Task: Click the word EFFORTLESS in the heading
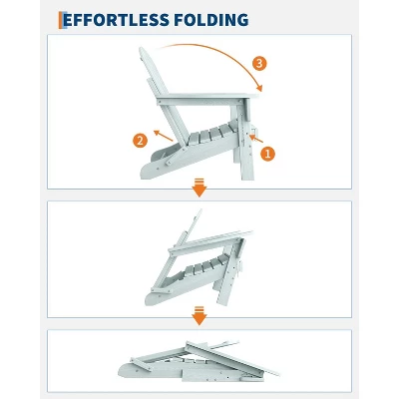[x=116, y=20]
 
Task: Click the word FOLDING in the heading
[x=211, y=20]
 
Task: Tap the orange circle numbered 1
[x=267, y=154]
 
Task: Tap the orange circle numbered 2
[x=140, y=141]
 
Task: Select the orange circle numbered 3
[x=259, y=63]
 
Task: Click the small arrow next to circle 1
[x=256, y=139]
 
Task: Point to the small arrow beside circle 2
[x=163, y=136]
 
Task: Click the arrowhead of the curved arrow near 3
[x=258, y=88]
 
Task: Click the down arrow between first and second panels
[x=199, y=188]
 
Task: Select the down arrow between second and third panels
[x=199, y=315]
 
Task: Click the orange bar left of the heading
[x=61, y=20]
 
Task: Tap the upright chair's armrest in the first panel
[x=207, y=98]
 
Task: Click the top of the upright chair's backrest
[x=144, y=53]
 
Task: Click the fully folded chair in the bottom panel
[x=199, y=362]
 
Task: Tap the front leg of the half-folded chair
[x=226, y=279]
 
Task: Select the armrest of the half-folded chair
[x=210, y=241]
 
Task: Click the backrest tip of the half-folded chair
[x=199, y=211]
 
